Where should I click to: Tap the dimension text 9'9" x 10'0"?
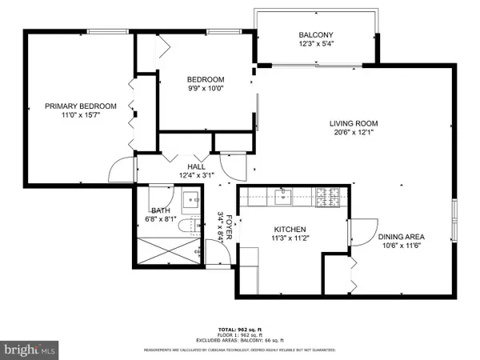206,89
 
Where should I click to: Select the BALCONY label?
316,35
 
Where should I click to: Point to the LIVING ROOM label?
353,123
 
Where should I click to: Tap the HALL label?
195,167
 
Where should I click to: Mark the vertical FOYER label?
227,229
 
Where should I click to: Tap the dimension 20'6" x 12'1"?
353,133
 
